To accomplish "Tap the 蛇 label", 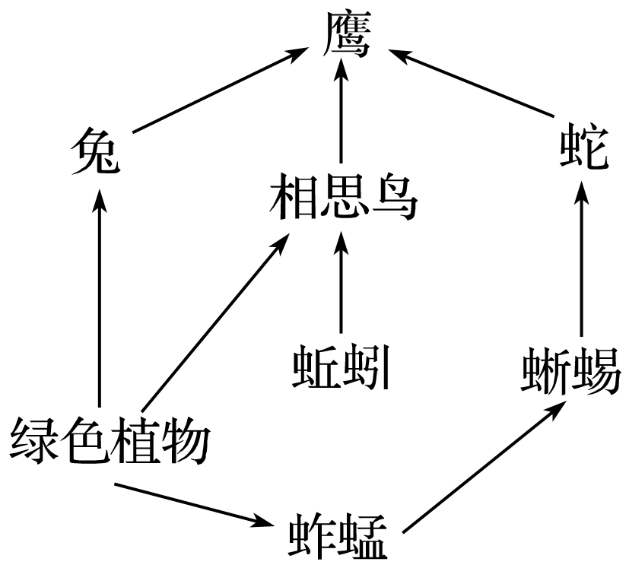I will [x=583, y=149].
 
